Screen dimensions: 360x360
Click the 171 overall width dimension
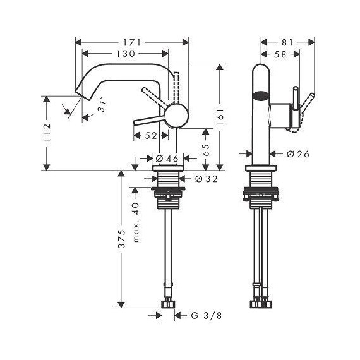[x=133, y=42]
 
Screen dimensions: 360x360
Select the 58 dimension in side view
[x=280, y=55]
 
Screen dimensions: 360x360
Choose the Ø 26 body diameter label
[x=297, y=154]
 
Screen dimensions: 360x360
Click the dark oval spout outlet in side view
[x=260, y=97]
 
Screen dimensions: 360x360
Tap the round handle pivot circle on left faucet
[x=176, y=118]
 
